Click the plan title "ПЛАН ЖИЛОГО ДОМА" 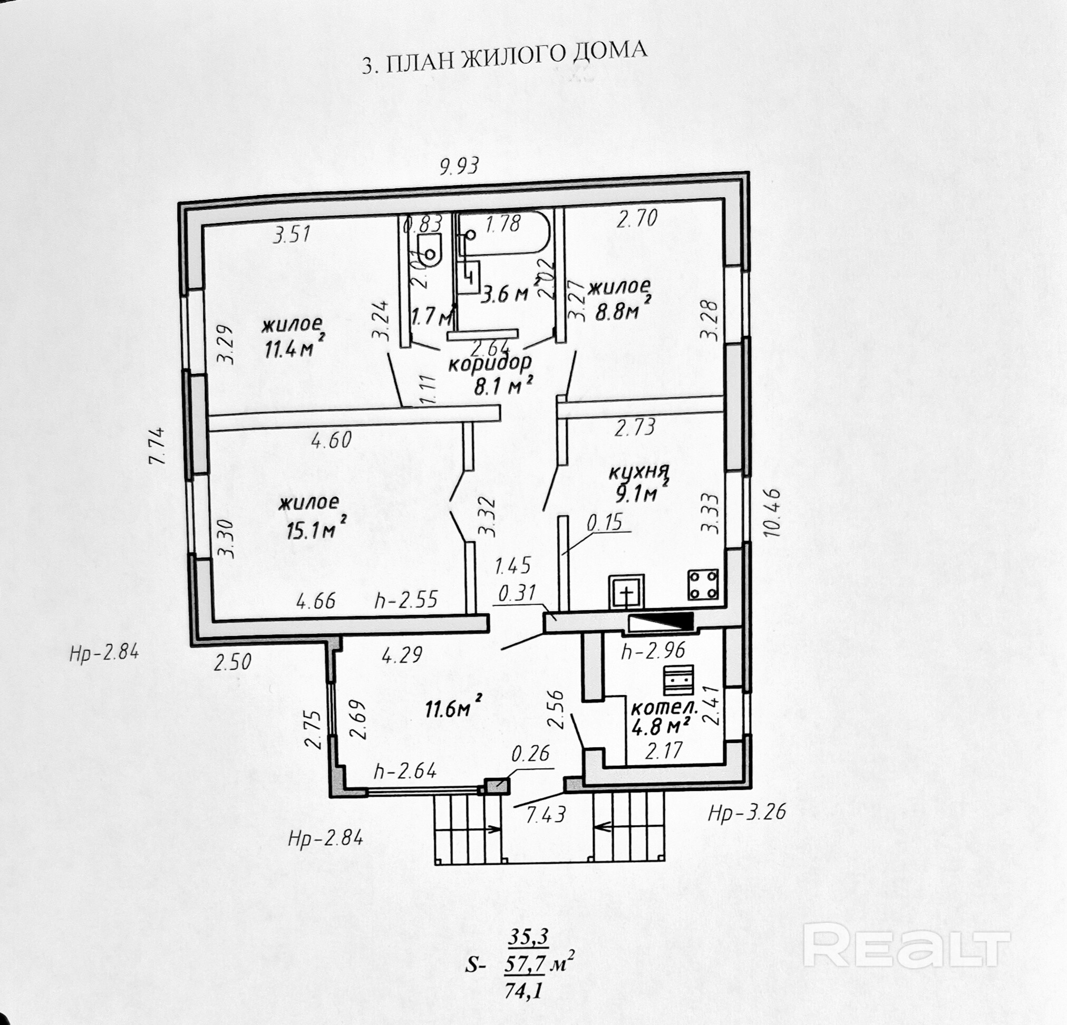(x=517, y=57)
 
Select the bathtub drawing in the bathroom (x=503, y=233)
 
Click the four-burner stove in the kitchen (x=703, y=585)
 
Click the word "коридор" (x=489, y=364)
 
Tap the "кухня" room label (x=639, y=472)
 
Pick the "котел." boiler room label (x=664, y=709)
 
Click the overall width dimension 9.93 (x=460, y=165)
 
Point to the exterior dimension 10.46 (x=771, y=512)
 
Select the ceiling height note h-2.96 (x=653, y=651)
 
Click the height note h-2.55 (x=406, y=600)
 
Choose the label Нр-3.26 (x=747, y=813)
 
